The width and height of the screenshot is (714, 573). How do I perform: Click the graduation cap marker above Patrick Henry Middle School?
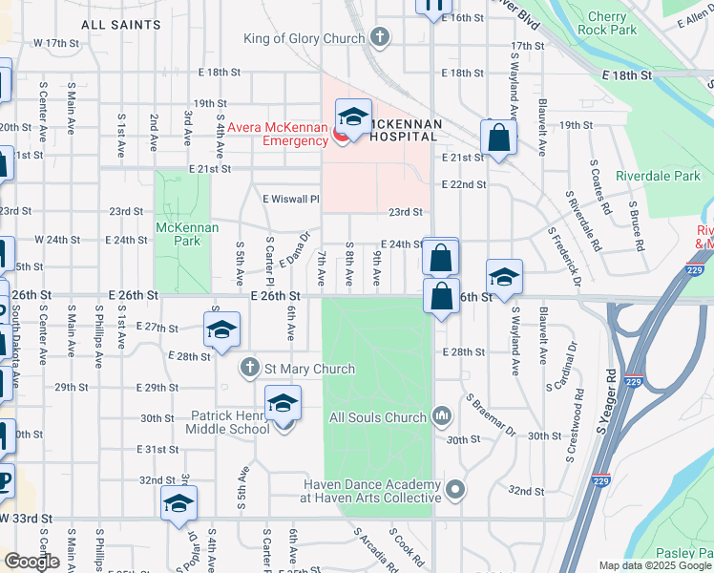pyautogui.click(x=283, y=404)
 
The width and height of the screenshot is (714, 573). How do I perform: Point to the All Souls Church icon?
pyautogui.click(x=443, y=416)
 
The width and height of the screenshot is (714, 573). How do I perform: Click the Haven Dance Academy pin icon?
pyautogui.click(x=456, y=490)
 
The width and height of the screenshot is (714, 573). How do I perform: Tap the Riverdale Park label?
pyautogui.click(x=658, y=176)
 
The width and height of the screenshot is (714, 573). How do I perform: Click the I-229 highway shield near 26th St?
pyautogui.click(x=674, y=274)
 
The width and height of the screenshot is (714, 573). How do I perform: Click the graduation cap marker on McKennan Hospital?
pyautogui.click(x=353, y=117)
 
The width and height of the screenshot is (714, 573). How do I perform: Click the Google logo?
pyautogui.click(x=31, y=562)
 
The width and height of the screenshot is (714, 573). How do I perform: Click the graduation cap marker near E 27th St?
pyautogui.click(x=221, y=330)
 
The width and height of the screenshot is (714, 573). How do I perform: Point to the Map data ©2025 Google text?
pyautogui.click(x=655, y=565)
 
